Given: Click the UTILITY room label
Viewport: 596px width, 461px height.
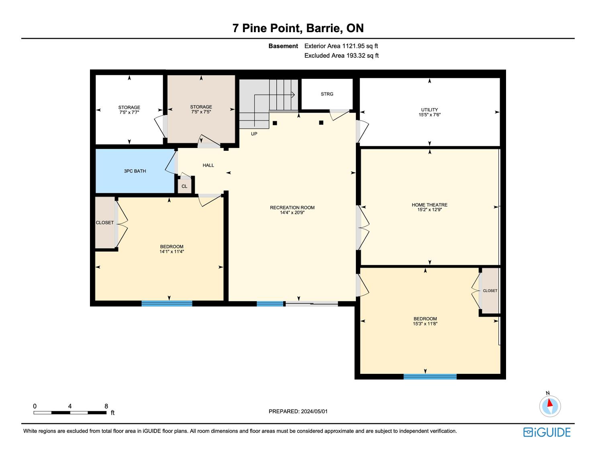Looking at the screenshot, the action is [429, 110].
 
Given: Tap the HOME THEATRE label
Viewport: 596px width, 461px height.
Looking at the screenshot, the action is [429, 205].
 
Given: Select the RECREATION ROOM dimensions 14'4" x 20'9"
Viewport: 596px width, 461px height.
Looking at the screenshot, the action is [292, 212].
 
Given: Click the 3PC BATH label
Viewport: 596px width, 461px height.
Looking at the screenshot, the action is [135, 171].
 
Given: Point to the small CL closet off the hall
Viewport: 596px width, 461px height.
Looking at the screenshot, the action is [184, 186].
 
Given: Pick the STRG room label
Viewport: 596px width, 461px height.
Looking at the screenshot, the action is [327, 94].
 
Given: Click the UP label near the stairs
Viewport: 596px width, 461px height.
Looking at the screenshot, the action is [254, 134].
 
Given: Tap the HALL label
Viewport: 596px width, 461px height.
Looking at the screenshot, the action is [208, 165].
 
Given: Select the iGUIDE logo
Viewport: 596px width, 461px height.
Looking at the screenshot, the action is [547, 432].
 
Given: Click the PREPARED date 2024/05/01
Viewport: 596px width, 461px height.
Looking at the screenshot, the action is [314, 411].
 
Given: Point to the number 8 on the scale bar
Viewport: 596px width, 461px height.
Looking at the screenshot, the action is [106, 406].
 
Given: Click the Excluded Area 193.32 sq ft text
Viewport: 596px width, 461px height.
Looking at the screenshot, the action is [341, 56].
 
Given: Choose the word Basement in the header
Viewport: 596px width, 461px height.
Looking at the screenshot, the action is [283, 46].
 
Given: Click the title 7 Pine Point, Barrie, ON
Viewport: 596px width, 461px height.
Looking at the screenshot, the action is [298, 28].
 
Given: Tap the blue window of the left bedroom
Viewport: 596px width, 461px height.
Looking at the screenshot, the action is [167, 303].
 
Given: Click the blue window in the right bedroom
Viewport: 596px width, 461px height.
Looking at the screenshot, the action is [430, 377].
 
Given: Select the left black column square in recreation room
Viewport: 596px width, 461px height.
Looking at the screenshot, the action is [275, 123].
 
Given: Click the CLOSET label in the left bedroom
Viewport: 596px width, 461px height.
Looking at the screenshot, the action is [104, 223].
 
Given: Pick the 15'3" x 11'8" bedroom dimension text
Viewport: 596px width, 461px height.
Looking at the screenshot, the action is [425, 324].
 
